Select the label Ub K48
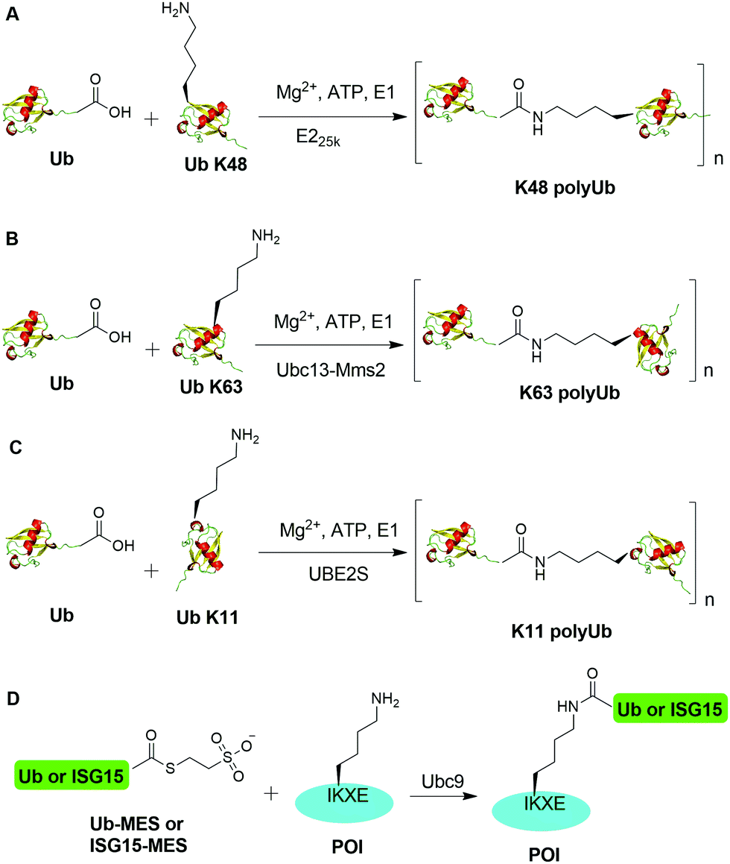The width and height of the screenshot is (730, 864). [x=202, y=160]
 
